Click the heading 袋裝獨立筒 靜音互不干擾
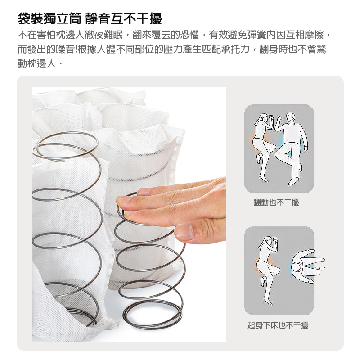click(90, 18)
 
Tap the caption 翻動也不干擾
click(276, 202)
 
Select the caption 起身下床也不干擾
click(278, 325)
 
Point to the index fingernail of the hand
click(123, 199)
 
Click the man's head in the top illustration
click(291, 119)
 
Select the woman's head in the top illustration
click(264, 119)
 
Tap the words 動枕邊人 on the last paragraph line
click(37, 63)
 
